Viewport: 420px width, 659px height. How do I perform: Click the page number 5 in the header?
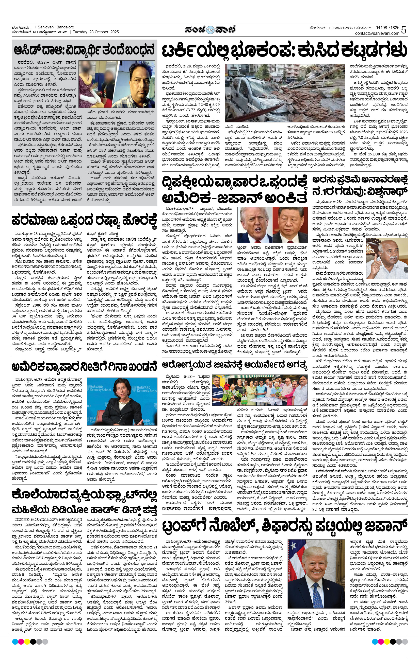click(x=403, y=30)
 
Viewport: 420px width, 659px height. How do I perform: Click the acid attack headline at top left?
click(x=85, y=50)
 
